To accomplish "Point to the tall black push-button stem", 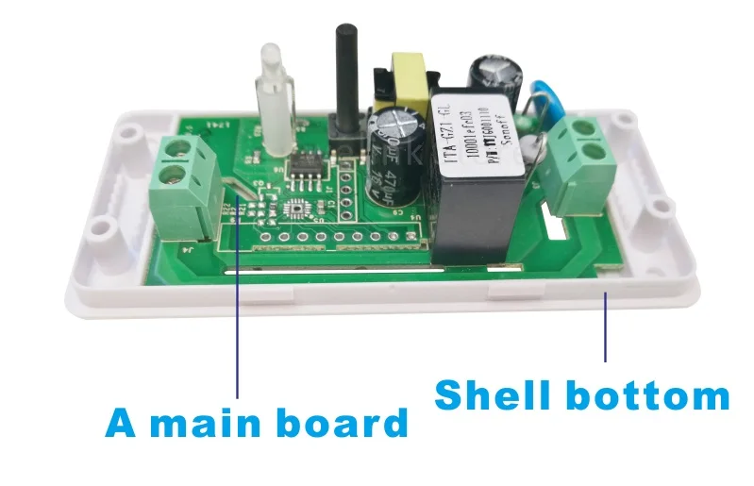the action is pos(342,75).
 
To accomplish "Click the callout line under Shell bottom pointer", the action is pos(605,326).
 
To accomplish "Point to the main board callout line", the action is pos(237,311).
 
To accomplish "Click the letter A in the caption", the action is pos(121,422).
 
